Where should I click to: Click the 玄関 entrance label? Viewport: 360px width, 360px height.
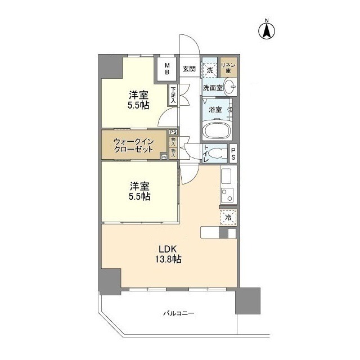click(x=189, y=69)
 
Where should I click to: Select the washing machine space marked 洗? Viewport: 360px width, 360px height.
click(x=210, y=70)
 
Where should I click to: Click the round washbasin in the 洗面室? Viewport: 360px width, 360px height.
click(x=229, y=87)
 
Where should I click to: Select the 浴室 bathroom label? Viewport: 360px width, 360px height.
click(x=215, y=109)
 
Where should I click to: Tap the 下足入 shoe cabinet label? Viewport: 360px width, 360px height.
click(x=173, y=94)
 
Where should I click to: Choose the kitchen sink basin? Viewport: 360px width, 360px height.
click(x=227, y=177)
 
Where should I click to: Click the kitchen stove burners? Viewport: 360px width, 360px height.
click(x=227, y=196)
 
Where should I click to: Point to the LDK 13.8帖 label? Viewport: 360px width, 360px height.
click(x=169, y=253)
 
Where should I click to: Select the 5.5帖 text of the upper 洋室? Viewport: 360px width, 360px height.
click(x=138, y=105)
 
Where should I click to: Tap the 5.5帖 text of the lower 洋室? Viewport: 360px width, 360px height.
click(x=138, y=196)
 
